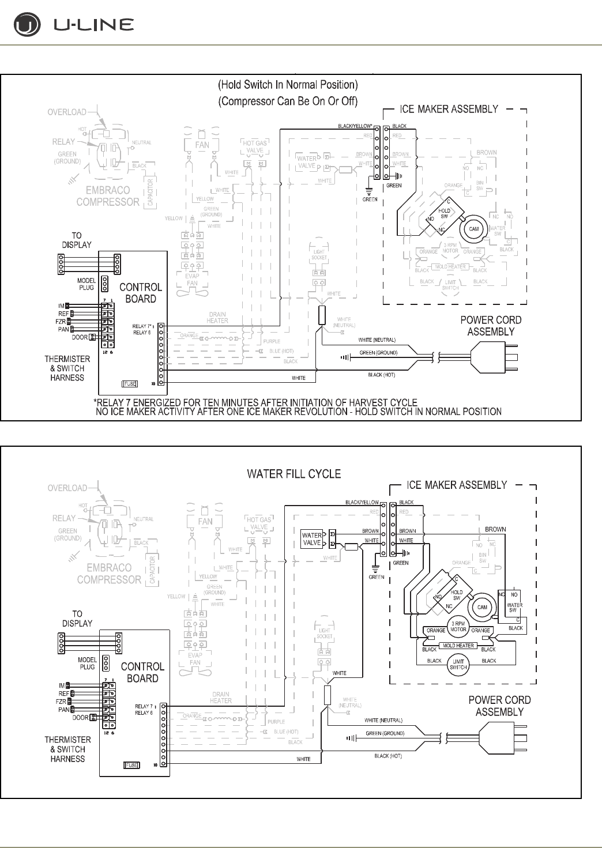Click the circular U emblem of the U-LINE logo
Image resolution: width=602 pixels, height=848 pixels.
click(x=27, y=25)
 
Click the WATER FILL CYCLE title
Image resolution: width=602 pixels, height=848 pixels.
click(x=294, y=474)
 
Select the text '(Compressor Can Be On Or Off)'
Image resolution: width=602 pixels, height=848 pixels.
click(x=288, y=101)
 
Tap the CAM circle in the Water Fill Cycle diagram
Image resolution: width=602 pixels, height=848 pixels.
click(x=482, y=607)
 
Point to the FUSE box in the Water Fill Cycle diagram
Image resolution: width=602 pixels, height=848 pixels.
click(x=131, y=765)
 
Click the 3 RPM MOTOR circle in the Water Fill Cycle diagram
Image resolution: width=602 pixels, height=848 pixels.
click(x=458, y=627)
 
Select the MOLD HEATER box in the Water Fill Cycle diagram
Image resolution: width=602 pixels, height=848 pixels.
click(x=458, y=646)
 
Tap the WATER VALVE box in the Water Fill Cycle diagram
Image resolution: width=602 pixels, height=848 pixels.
click(x=312, y=539)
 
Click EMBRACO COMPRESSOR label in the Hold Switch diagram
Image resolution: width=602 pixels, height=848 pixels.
click(x=108, y=196)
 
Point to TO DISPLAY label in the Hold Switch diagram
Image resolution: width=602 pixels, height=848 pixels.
click(x=77, y=240)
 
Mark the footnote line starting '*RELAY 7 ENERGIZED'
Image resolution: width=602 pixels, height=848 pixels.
click(x=255, y=402)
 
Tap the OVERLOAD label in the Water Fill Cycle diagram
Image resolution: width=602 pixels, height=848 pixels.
click(x=67, y=488)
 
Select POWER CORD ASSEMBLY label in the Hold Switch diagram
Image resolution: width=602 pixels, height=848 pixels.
click(x=491, y=326)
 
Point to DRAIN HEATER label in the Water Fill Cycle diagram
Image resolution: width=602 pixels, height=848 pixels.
click(x=221, y=698)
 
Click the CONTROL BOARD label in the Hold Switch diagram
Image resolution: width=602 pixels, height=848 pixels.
click(x=141, y=293)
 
